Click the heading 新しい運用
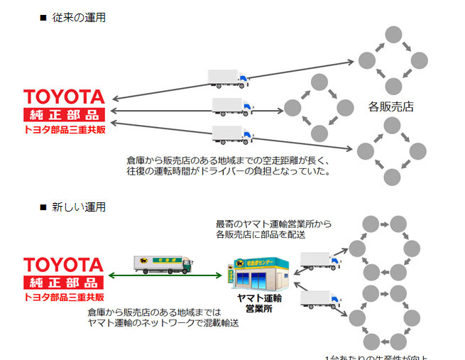tap(79, 207)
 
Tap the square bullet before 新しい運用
tap(43, 207)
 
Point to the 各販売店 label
tap(390, 107)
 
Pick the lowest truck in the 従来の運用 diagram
tap(232, 133)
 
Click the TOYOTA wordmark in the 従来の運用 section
tap(64, 97)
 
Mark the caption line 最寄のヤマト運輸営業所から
tap(273, 223)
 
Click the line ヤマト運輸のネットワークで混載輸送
tap(163, 322)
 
